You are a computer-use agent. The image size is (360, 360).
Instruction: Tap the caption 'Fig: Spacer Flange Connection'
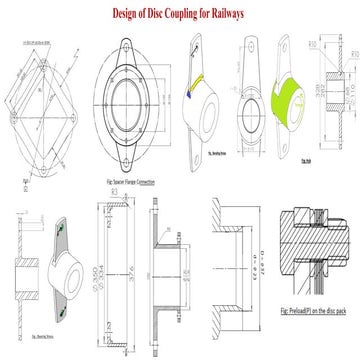coord(130,182)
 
